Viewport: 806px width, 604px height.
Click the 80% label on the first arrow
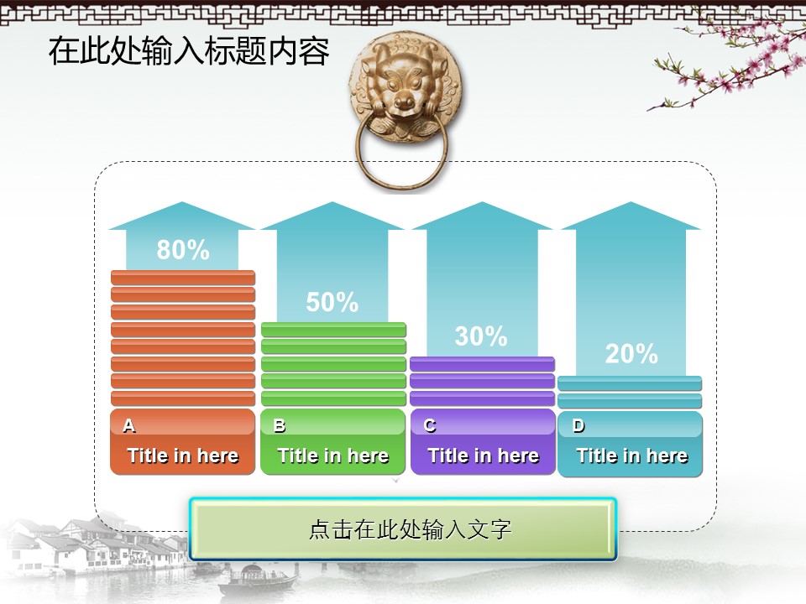click(183, 250)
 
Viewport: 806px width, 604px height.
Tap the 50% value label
click(332, 302)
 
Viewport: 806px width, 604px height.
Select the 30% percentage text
click(481, 336)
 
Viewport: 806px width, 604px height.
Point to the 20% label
click(631, 354)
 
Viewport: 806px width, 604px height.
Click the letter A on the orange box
click(129, 425)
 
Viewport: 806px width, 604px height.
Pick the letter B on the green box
click(279, 425)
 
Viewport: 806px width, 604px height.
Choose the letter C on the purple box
click(430, 425)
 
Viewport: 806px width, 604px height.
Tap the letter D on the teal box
click(578, 425)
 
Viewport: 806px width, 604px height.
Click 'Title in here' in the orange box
click(183, 456)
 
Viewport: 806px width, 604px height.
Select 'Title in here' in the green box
click(333, 456)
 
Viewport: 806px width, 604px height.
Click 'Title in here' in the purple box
click(484, 456)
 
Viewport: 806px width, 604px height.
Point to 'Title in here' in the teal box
click(631, 456)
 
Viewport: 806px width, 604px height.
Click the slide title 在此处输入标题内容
click(189, 51)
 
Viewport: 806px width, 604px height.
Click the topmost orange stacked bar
click(183, 278)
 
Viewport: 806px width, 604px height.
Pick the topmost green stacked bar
click(333, 329)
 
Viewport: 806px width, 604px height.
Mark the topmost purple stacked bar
click(482, 364)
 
